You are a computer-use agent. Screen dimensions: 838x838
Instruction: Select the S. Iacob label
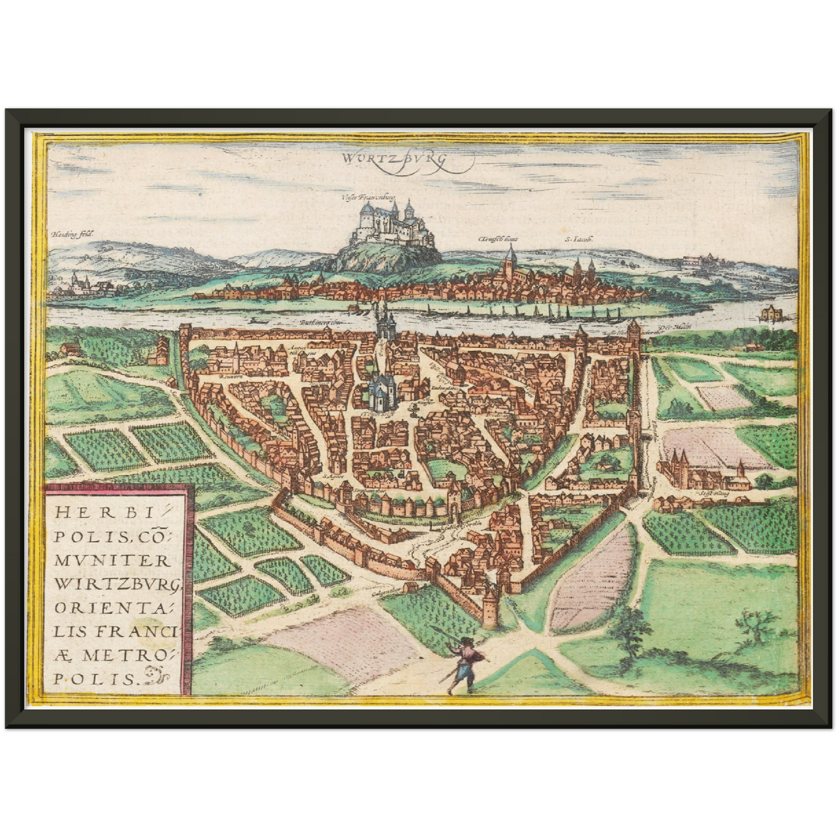click(x=574, y=238)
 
